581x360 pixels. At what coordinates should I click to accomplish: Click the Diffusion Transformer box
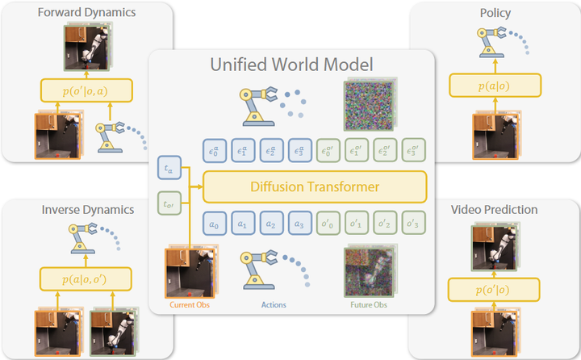click(x=314, y=187)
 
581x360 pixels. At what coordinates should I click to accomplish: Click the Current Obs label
click(x=190, y=304)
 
